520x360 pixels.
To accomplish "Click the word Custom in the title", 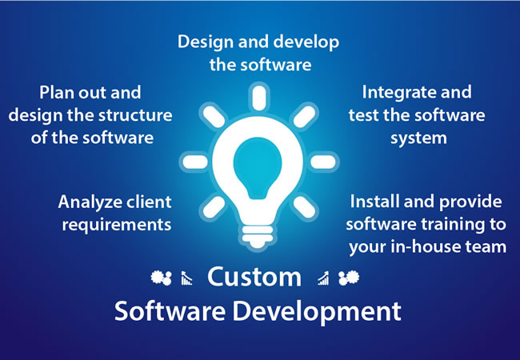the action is point(254,277).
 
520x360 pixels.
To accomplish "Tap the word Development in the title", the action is point(317,311).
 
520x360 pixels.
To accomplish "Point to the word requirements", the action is point(117,225).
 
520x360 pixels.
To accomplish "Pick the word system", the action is point(418,138).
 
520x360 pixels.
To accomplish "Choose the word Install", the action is point(374,202).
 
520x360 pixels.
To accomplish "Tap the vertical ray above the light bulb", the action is point(259,97).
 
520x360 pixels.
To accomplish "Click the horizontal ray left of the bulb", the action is point(195,162).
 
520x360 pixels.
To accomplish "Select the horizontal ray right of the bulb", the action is point(322,162).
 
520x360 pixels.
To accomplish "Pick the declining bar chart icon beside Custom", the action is point(186,278).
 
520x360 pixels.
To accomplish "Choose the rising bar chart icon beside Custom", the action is point(323,278).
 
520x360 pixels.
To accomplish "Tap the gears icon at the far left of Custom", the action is point(161,278).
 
